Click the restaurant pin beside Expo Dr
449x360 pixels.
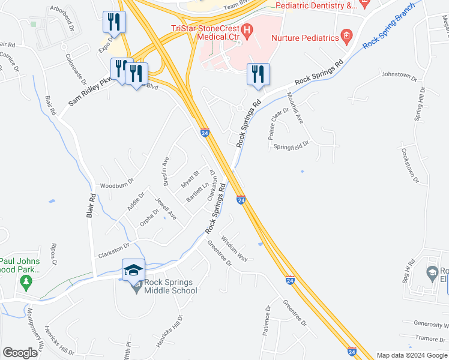pos(112,22)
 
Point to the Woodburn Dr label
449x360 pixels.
pos(116,185)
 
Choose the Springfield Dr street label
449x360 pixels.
pos(291,145)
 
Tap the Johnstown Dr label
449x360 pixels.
pos(399,76)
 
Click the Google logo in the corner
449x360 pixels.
pos(20,353)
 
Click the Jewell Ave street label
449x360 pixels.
pos(166,208)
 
